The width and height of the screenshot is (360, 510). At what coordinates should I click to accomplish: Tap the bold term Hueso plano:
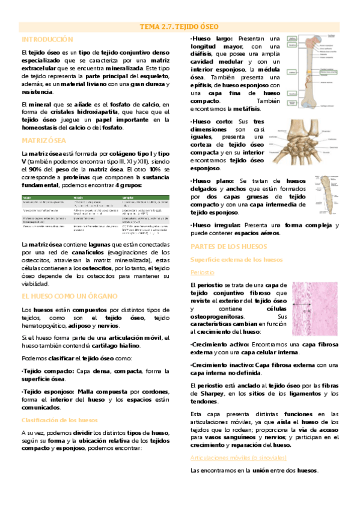coord(214,181)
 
